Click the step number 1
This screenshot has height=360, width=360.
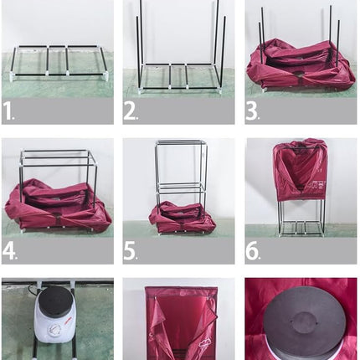(8, 111)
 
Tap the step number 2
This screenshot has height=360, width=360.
(130, 111)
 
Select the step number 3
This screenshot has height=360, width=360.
(251, 111)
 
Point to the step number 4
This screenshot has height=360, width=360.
(8, 250)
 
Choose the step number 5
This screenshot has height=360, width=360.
(130, 250)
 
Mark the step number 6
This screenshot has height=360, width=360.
(252, 250)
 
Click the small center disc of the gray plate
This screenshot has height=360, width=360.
(304, 321)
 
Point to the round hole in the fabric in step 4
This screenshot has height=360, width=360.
(57, 216)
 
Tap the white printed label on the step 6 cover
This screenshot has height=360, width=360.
(317, 187)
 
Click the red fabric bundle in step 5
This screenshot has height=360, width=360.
(182, 217)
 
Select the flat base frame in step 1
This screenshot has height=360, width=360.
(58, 62)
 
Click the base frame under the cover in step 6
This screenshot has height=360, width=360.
(301, 229)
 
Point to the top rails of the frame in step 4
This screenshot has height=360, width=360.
(59, 157)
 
